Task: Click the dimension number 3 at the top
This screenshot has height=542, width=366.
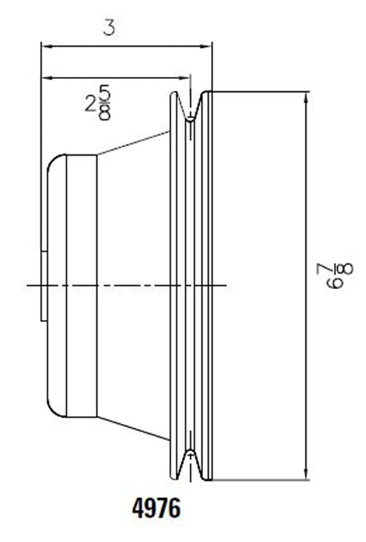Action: click(x=109, y=27)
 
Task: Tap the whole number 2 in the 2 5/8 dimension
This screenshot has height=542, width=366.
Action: click(x=91, y=103)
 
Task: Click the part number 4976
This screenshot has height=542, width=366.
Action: click(x=156, y=508)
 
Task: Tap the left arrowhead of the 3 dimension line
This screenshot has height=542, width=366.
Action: click(x=46, y=46)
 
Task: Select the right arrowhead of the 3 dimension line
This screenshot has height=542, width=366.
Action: click(x=207, y=46)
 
